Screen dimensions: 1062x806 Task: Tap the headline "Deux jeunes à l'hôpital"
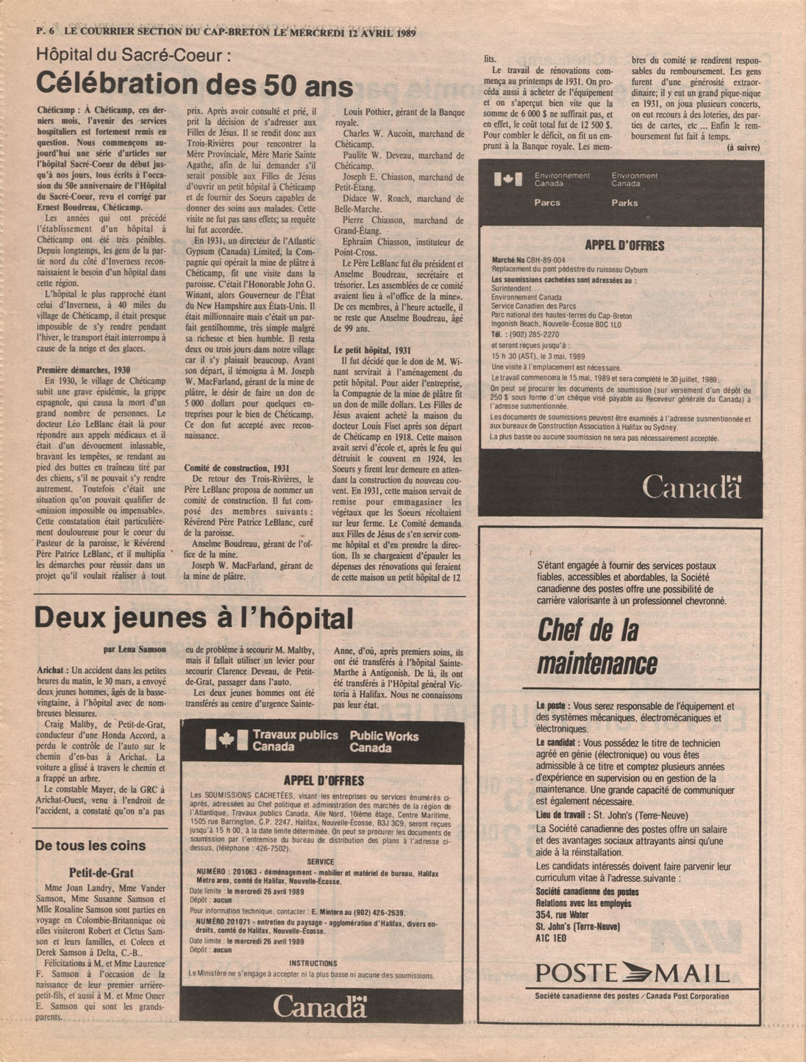pyautogui.click(x=193, y=618)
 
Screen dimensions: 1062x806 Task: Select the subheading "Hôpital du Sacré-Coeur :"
pyautogui.click(x=135, y=54)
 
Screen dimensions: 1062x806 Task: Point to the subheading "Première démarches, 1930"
pyautogui.click(x=83, y=370)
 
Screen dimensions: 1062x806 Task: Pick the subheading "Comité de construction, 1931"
pyautogui.click(x=236, y=467)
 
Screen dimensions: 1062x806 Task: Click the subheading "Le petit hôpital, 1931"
pyautogui.click(x=372, y=351)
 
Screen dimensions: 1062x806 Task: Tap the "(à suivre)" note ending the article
pyautogui.click(x=743, y=148)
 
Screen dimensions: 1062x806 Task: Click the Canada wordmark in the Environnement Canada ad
pyautogui.click(x=691, y=486)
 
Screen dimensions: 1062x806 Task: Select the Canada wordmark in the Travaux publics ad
pyautogui.click(x=320, y=1006)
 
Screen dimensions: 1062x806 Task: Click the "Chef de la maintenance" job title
pyautogui.click(x=596, y=647)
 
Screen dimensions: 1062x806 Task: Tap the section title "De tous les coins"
pyautogui.click(x=90, y=846)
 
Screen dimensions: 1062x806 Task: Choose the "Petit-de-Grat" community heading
pyautogui.click(x=101, y=873)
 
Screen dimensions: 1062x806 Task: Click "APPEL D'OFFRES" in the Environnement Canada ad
pyautogui.click(x=624, y=245)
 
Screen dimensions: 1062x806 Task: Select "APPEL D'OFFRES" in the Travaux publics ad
pyautogui.click(x=324, y=781)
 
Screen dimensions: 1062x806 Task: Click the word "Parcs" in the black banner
pyautogui.click(x=547, y=203)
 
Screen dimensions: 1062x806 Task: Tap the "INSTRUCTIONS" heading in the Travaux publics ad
pyautogui.click(x=313, y=963)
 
